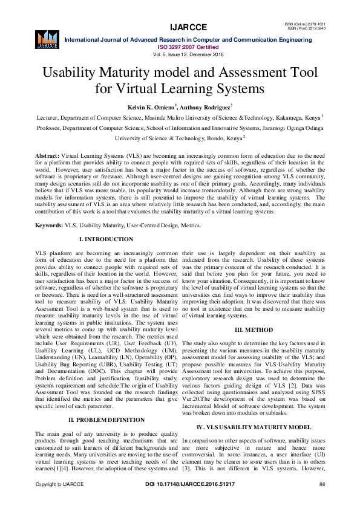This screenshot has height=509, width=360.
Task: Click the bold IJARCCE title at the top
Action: tap(180, 27)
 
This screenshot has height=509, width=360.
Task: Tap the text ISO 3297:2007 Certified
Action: tap(180, 47)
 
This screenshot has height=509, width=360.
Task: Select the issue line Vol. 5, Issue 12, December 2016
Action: tap(180, 54)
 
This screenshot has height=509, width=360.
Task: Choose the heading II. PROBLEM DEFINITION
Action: tap(108, 419)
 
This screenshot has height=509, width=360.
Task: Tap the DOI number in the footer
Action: tap(180, 501)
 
